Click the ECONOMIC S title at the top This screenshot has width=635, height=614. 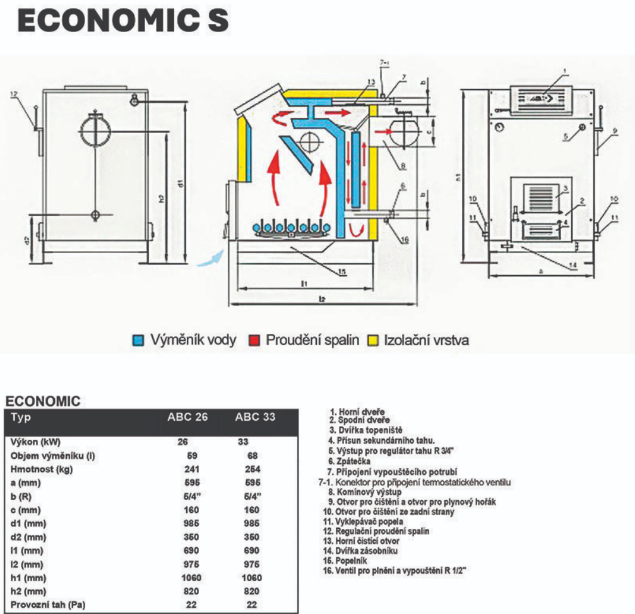click(123, 21)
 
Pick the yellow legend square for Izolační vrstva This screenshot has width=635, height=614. click(372, 341)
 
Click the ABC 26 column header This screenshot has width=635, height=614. click(187, 417)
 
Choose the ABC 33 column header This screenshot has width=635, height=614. click(255, 417)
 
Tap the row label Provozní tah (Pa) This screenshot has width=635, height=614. click(48, 605)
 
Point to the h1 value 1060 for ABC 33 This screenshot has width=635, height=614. click(251, 577)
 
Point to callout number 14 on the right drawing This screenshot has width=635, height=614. click(572, 265)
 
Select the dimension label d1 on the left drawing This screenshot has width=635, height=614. click(180, 184)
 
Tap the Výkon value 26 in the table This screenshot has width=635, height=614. click(182, 442)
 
